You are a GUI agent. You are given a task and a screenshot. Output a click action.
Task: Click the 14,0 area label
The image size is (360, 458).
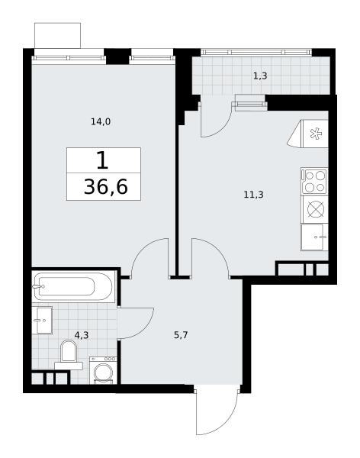(x=101, y=121)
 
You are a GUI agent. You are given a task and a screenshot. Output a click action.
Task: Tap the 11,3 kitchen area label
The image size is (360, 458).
(x=253, y=194)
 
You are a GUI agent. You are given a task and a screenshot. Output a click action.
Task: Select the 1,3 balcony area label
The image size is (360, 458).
(x=260, y=76)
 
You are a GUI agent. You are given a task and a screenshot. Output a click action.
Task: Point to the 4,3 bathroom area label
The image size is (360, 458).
(x=82, y=335)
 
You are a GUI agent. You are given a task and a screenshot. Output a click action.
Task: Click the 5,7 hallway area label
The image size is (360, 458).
(x=181, y=335)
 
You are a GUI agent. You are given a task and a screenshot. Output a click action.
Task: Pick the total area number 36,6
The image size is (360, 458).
(x=106, y=187)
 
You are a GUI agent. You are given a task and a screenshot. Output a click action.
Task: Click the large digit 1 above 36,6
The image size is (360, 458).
(x=102, y=160)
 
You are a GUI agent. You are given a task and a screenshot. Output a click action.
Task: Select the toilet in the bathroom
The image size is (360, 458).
(x=69, y=356)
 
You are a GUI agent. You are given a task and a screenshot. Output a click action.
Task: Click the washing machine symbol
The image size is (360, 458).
(x=103, y=370)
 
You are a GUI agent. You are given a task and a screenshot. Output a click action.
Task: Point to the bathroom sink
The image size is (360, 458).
(x=42, y=320)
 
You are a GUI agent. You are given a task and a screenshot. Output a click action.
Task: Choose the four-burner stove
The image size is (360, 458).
(x=314, y=181)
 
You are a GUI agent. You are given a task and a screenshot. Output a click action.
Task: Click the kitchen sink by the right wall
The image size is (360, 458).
(x=314, y=237)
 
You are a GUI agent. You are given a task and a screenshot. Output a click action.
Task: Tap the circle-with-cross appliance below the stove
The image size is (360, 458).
(x=315, y=209)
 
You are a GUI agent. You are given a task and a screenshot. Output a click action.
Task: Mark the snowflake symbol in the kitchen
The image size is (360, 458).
(x=316, y=134)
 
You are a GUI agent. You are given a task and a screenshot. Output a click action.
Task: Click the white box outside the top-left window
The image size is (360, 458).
(x=57, y=36)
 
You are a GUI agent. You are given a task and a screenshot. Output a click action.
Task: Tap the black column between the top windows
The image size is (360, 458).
(x=117, y=56)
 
